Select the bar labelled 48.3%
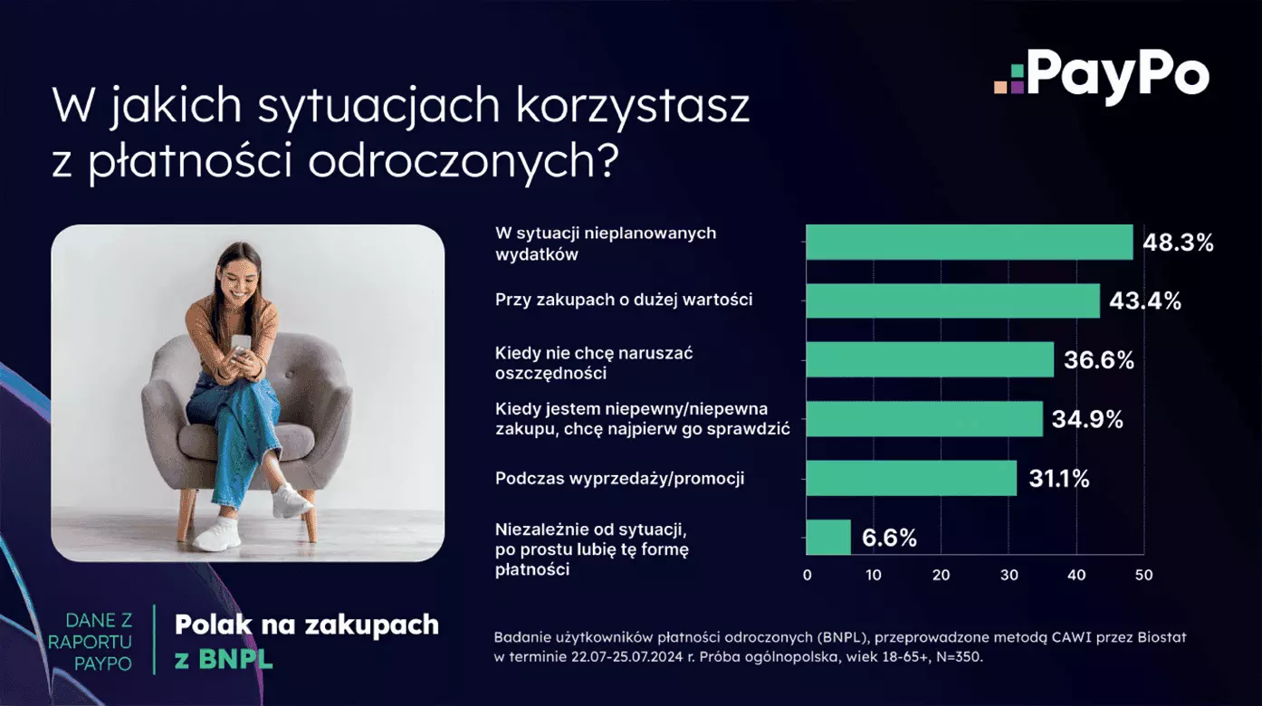click(x=969, y=243)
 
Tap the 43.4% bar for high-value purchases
click(x=952, y=301)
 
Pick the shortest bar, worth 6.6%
click(x=828, y=537)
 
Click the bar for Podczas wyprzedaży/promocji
click(x=911, y=479)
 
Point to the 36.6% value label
click(x=1099, y=360)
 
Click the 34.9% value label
click(x=1087, y=419)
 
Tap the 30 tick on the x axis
click(x=1009, y=576)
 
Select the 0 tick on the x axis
click(x=807, y=576)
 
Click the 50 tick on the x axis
click(x=1143, y=576)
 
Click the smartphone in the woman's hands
click(x=241, y=345)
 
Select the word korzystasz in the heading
click(x=632, y=106)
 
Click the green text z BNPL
click(x=224, y=659)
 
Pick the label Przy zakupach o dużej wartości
click(x=624, y=300)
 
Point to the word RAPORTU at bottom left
click(x=90, y=642)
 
